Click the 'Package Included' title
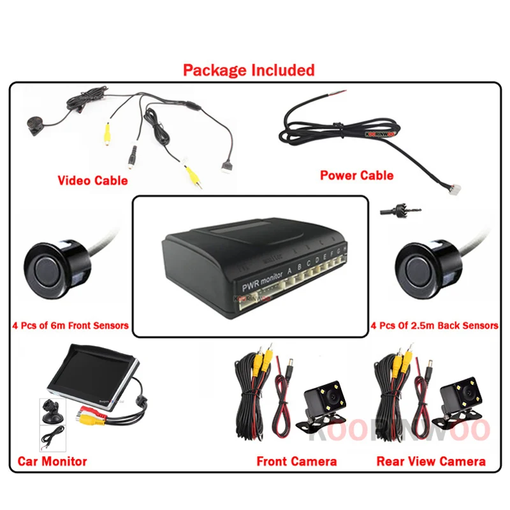[249, 69]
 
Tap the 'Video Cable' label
[92, 180]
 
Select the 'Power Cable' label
[356, 175]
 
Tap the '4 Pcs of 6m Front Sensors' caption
[70, 326]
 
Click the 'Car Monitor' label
[52, 461]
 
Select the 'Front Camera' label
[296, 461]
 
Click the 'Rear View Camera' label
[431, 461]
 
